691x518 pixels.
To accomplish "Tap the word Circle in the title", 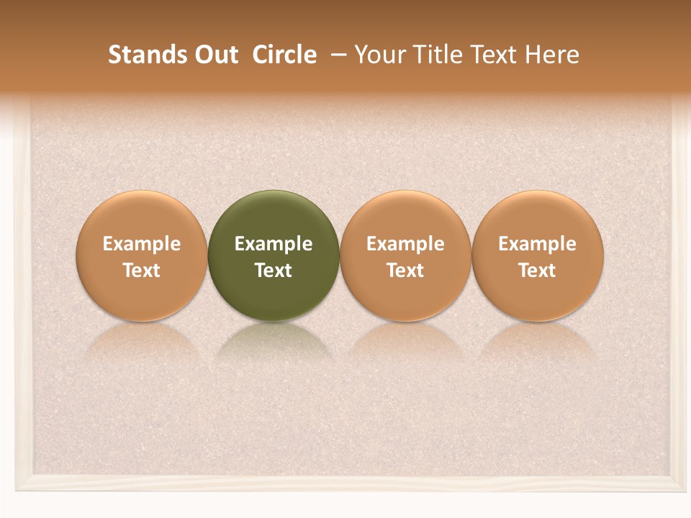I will pos(284,55).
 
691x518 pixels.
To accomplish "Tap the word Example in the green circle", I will pos(274,244).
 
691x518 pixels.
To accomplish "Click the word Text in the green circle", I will pos(274,271).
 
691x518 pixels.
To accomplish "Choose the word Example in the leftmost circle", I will pos(142,244).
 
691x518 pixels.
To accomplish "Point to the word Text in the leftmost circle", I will pos(142,271).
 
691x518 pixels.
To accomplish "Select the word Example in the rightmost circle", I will pos(538,244).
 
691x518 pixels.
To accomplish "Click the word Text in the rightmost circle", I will pos(538,271).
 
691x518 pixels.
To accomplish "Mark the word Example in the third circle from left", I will pos(405,244).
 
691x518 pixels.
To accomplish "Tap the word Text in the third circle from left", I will pos(405,271).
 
